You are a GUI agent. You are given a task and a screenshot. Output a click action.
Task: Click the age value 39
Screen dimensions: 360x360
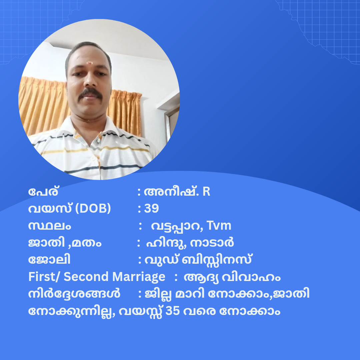click(x=151, y=208)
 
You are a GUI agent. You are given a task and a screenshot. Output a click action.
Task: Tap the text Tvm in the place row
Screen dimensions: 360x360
click(x=219, y=225)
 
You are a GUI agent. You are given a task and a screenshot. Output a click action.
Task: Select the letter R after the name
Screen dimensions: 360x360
click(x=206, y=191)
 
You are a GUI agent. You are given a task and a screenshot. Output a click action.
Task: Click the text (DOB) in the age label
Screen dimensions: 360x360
click(x=93, y=208)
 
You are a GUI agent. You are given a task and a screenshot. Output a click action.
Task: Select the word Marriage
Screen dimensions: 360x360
click(x=139, y=277)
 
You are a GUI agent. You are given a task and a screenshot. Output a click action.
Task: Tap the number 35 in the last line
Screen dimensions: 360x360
click(x=172, y=311)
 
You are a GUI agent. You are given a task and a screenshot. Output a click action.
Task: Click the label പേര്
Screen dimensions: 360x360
click(x=43, y=191)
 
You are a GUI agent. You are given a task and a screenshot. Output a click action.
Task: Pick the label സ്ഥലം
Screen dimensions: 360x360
click(x=50, y=226)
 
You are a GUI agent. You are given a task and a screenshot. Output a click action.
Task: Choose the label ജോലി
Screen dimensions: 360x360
click(x=49, y=260)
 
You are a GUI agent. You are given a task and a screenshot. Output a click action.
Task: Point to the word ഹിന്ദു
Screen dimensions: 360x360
click(x=165, y=243)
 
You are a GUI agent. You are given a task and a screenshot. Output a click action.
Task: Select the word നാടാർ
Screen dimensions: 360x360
click(x=212, y=243)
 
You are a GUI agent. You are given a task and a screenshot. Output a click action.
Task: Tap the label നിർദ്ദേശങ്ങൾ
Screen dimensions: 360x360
click(x=74, y=294)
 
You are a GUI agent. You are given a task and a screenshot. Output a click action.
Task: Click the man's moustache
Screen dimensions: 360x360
click(x=90, y=94)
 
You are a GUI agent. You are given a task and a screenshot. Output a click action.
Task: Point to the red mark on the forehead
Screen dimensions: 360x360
click(x=90, y=63)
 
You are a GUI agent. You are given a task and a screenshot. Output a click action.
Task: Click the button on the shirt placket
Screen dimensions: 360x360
click(x=93, y=158)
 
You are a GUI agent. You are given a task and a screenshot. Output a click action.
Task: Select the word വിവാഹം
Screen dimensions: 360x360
click(x=251, y=277)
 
